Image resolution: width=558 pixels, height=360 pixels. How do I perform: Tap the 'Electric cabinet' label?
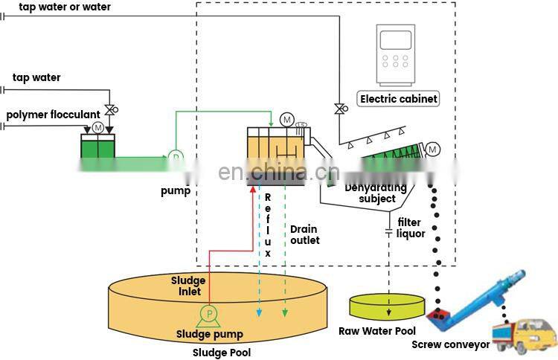398,99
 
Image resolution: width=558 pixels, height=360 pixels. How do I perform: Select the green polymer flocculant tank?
98,145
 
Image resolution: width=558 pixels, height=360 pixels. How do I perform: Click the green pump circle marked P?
176,157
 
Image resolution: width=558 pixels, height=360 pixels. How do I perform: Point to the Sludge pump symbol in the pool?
210,315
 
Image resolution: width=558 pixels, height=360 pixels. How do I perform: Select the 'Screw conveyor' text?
451,344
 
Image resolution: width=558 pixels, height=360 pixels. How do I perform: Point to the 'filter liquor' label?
410,228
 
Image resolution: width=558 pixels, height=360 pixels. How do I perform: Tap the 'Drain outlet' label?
304,234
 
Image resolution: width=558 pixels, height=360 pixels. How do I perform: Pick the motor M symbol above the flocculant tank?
97,129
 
